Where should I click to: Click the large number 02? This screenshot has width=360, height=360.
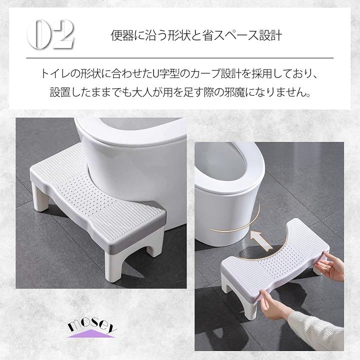click(x=50, y=34)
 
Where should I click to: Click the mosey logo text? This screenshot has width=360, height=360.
click(x=92, y=325)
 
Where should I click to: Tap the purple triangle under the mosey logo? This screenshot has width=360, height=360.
click(x=91, y=333)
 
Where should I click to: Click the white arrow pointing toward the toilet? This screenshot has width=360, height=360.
click(x=260, y=240)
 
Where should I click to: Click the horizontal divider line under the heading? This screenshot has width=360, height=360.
click(x=180, y=58)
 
